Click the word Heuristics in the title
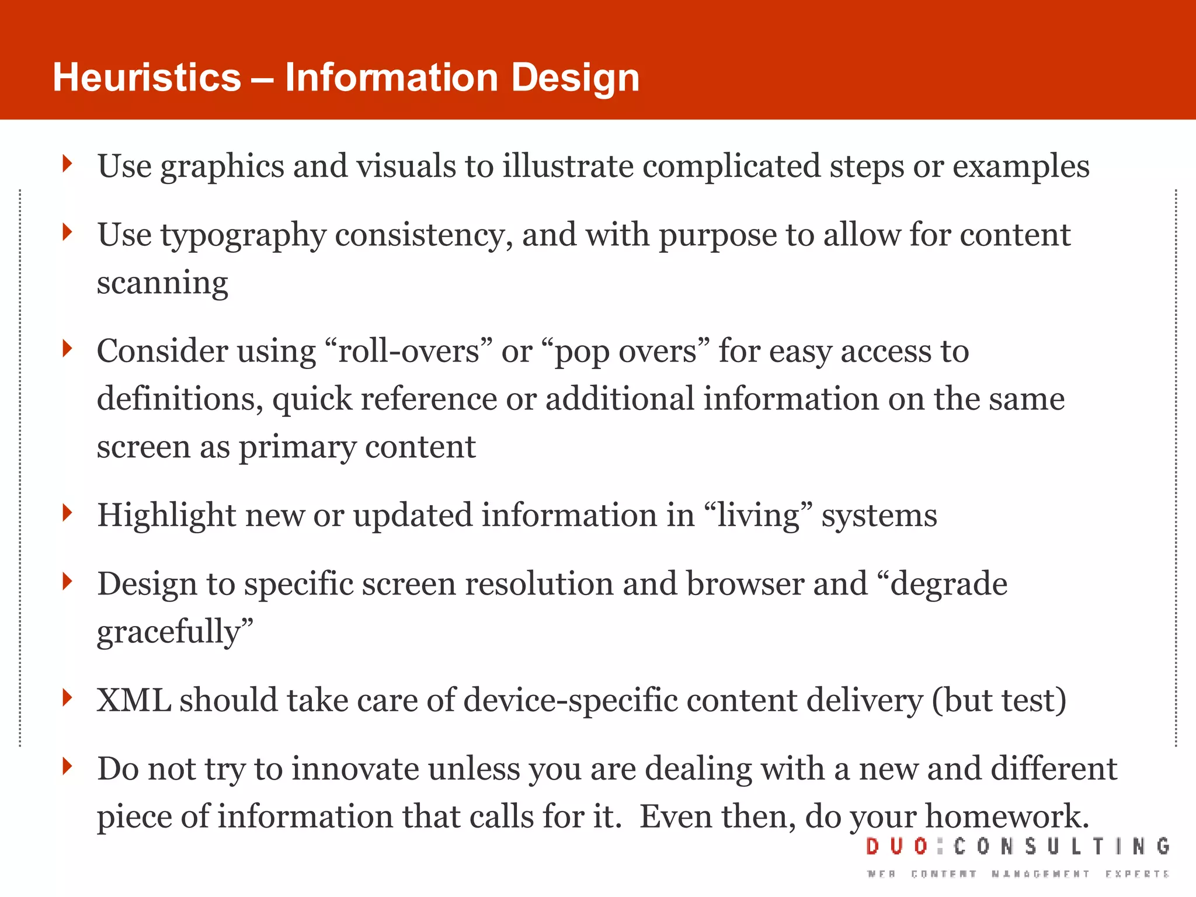[147, 78]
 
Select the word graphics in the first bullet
[222, 167]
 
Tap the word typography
[243, 236]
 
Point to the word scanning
[162, 283]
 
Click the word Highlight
[166, 516]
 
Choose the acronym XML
[134, 700]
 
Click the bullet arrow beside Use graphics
[68, 164]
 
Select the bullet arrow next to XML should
[68, 697]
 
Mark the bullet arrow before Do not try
[68, 766]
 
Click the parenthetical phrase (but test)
[999, 700]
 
